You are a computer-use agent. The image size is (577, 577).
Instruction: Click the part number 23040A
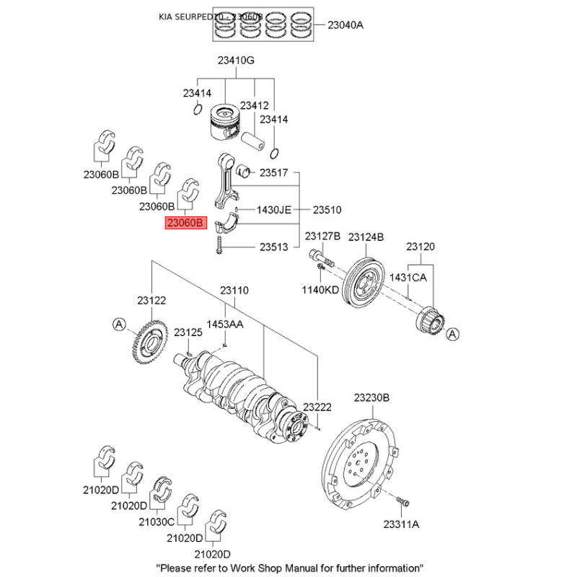click(345, 25)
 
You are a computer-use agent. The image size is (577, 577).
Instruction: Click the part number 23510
click(327, 210)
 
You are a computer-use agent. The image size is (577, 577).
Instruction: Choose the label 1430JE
click(274, 210)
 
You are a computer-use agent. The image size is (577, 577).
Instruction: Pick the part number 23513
click(274, 247)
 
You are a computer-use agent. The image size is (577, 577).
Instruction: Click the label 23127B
click(322, 237)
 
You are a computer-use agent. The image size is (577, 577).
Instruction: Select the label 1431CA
click(409, 277)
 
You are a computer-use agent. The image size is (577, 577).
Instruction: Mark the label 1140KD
click(320, 289)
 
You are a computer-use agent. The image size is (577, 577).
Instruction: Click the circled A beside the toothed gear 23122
click(119, 325)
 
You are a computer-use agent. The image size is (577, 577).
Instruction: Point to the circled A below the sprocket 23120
click(452, 335)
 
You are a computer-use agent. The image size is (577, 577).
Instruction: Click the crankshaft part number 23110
click(234, 290)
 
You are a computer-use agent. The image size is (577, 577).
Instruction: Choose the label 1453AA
click(226, 325)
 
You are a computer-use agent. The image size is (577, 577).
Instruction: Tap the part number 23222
click(317, 408)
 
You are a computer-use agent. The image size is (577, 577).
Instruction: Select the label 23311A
click(401, 524)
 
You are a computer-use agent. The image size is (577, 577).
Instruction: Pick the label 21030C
click(159, 521)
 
